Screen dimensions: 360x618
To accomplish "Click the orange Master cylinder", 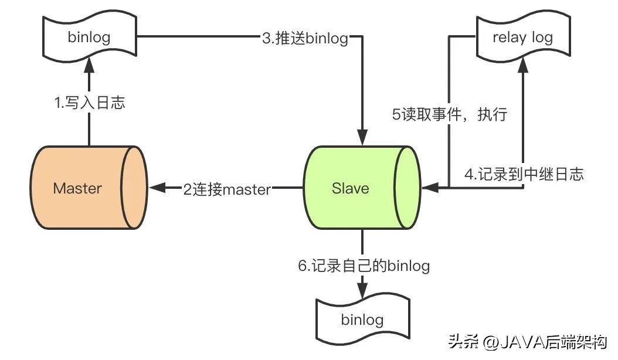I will [x=88, y=188].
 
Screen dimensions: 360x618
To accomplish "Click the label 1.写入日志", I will [x=89, y=104].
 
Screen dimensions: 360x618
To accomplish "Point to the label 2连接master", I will [x=227, y=189].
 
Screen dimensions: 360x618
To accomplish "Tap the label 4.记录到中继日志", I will [x=524, y=174].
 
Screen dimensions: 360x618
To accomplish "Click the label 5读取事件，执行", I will [x=449, y=114].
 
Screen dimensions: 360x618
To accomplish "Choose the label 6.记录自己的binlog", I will [x=364, y=266].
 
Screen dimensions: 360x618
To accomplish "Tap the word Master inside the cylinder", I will [x=77, y=188].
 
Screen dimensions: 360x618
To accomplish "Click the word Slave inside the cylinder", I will [x=350, y=188].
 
